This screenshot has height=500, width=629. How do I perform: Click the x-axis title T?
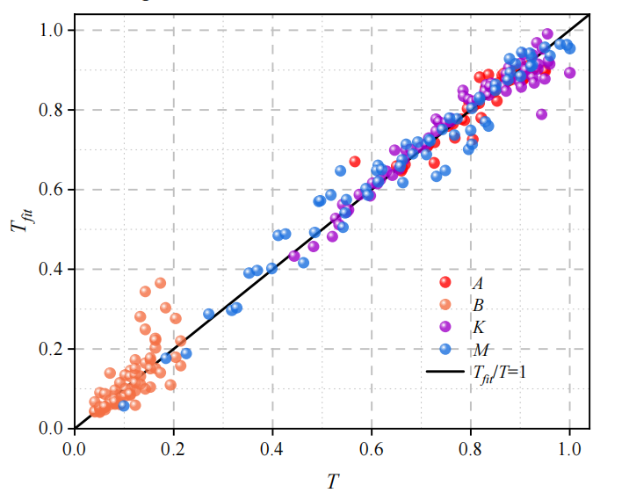[331, 480]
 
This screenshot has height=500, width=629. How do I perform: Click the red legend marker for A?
[445, 282]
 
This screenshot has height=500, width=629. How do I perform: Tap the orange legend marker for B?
[445, 304]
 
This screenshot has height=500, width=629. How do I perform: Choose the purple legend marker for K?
[445, 326]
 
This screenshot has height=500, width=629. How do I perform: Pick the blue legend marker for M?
[445, 349]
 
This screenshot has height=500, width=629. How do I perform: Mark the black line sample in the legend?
[445, 372]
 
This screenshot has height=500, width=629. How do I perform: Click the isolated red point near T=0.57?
[355, 161]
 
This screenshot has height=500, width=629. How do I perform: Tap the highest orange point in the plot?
[160, 283]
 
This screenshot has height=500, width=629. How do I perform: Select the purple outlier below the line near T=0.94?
[541, 114]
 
